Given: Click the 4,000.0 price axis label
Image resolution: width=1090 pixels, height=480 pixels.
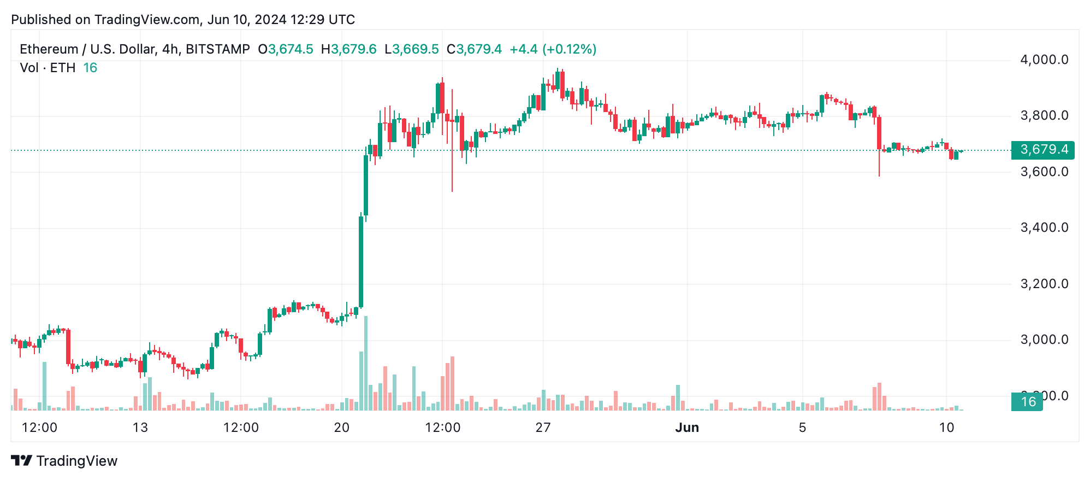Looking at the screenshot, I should (1044, 60).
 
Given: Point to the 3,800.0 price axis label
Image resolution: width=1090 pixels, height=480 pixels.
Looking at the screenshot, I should (1044, 116).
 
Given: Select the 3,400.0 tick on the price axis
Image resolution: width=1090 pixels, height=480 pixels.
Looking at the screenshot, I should (1044, 227).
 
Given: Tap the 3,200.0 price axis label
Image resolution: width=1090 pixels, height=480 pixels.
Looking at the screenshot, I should (1044, 284).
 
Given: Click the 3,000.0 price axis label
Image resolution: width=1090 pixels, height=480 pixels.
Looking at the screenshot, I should (1044, 339).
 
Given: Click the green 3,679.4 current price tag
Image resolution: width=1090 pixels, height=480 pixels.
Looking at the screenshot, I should (1042, 150).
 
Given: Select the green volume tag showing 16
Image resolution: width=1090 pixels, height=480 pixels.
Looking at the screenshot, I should (1027, 402).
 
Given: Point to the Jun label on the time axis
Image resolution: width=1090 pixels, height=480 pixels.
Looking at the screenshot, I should (686, 428).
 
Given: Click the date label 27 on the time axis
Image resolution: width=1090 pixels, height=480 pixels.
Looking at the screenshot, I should (542, 428).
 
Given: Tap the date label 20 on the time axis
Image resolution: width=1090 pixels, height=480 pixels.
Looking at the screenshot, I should (341, 428).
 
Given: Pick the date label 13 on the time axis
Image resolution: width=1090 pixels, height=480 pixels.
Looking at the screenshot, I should (140, 428).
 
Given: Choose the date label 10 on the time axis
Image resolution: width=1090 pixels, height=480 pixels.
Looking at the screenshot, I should (946, 428).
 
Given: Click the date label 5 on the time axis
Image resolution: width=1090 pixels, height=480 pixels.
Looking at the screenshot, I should (802, 428).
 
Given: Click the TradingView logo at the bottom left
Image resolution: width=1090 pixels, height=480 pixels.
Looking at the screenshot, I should (64, 461).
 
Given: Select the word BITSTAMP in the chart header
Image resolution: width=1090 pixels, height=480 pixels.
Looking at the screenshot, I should (217, 49).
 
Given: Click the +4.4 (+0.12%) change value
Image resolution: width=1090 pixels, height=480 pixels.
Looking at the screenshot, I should (553, 49).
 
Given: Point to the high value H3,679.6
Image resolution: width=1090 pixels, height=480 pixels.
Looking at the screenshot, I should (348, 49).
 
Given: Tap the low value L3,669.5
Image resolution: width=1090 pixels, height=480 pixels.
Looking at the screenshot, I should (411, 49).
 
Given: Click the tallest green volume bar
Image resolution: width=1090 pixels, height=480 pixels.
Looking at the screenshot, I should (365, 364).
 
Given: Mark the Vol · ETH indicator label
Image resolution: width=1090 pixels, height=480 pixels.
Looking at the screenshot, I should (48, 68).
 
